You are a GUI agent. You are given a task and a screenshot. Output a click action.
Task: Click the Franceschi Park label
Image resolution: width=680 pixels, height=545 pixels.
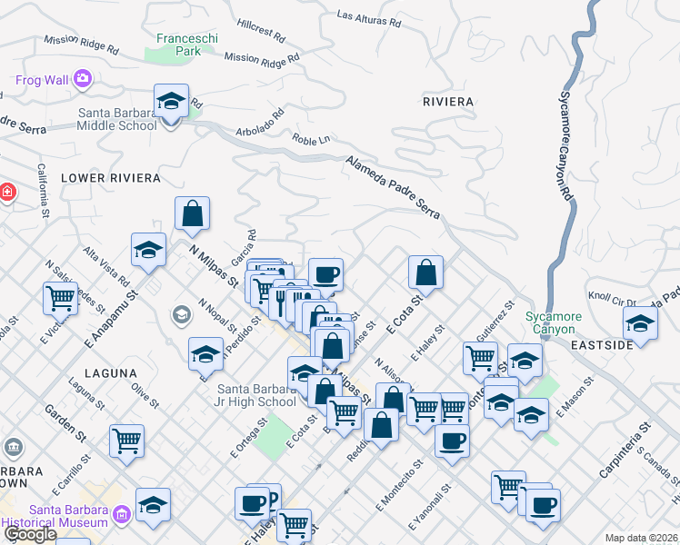177,45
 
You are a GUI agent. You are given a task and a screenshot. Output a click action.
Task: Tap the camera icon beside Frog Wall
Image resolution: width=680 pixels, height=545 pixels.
83,79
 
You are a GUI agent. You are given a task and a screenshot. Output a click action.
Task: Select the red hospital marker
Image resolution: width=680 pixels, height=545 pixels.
5,193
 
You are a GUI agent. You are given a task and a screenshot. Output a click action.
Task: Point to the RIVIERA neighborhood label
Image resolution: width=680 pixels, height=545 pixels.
448,101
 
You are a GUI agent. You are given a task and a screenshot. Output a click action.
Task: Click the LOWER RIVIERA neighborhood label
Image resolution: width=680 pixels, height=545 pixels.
110,178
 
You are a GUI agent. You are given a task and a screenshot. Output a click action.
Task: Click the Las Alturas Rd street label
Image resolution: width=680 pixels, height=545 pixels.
369,15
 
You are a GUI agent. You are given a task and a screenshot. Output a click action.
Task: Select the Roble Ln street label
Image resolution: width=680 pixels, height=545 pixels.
311,140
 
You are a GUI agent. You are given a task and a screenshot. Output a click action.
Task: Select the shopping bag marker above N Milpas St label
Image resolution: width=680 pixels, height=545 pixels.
193,213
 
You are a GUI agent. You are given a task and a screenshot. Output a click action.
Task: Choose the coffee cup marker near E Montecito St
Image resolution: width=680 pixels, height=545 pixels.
451,441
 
